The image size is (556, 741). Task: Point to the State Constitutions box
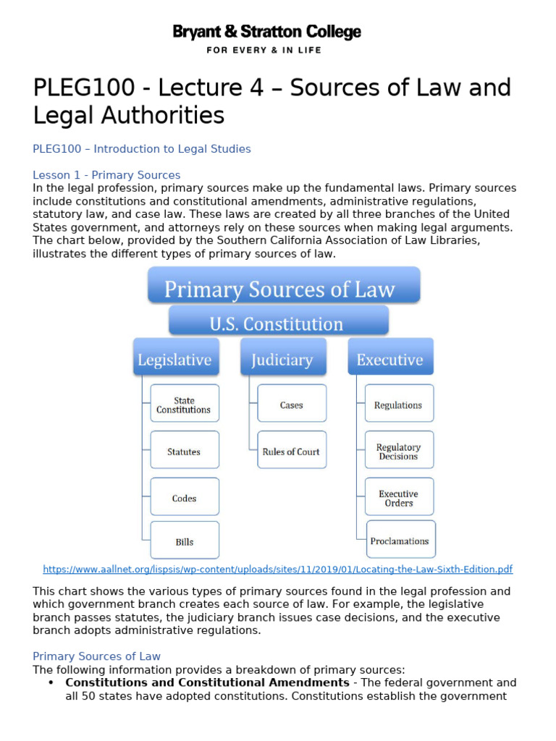pos(184,404)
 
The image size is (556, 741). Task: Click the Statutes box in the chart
pos(184,451)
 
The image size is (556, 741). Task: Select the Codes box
pos(184,497)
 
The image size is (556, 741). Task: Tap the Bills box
pos(184,541)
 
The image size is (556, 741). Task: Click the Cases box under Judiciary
pos(292,404)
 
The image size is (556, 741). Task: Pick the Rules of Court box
pos(292,451)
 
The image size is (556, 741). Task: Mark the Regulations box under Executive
pos(398,404)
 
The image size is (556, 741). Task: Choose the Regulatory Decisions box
pos(398,451)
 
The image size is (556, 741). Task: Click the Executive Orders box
pos(398,497)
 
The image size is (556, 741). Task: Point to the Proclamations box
pos(400,540)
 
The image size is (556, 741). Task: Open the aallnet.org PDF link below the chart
pos(278,569)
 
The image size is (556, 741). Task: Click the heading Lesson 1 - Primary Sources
pos(106,175)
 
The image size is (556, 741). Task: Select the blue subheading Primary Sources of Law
pos(96,656)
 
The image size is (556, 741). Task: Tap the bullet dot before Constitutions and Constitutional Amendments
pos(51,682)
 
